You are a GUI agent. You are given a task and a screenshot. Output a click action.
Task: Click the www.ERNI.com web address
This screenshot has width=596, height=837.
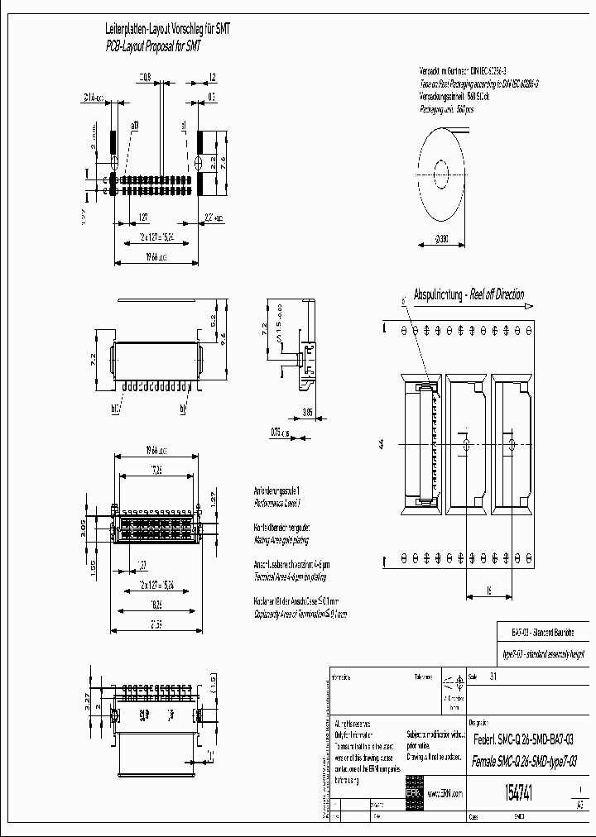[x=446, y=792]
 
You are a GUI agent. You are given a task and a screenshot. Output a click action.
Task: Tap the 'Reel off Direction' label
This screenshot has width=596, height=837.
[x=496, y=294]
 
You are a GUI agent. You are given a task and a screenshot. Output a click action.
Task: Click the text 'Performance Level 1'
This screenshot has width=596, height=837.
[x=276, y=502]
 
